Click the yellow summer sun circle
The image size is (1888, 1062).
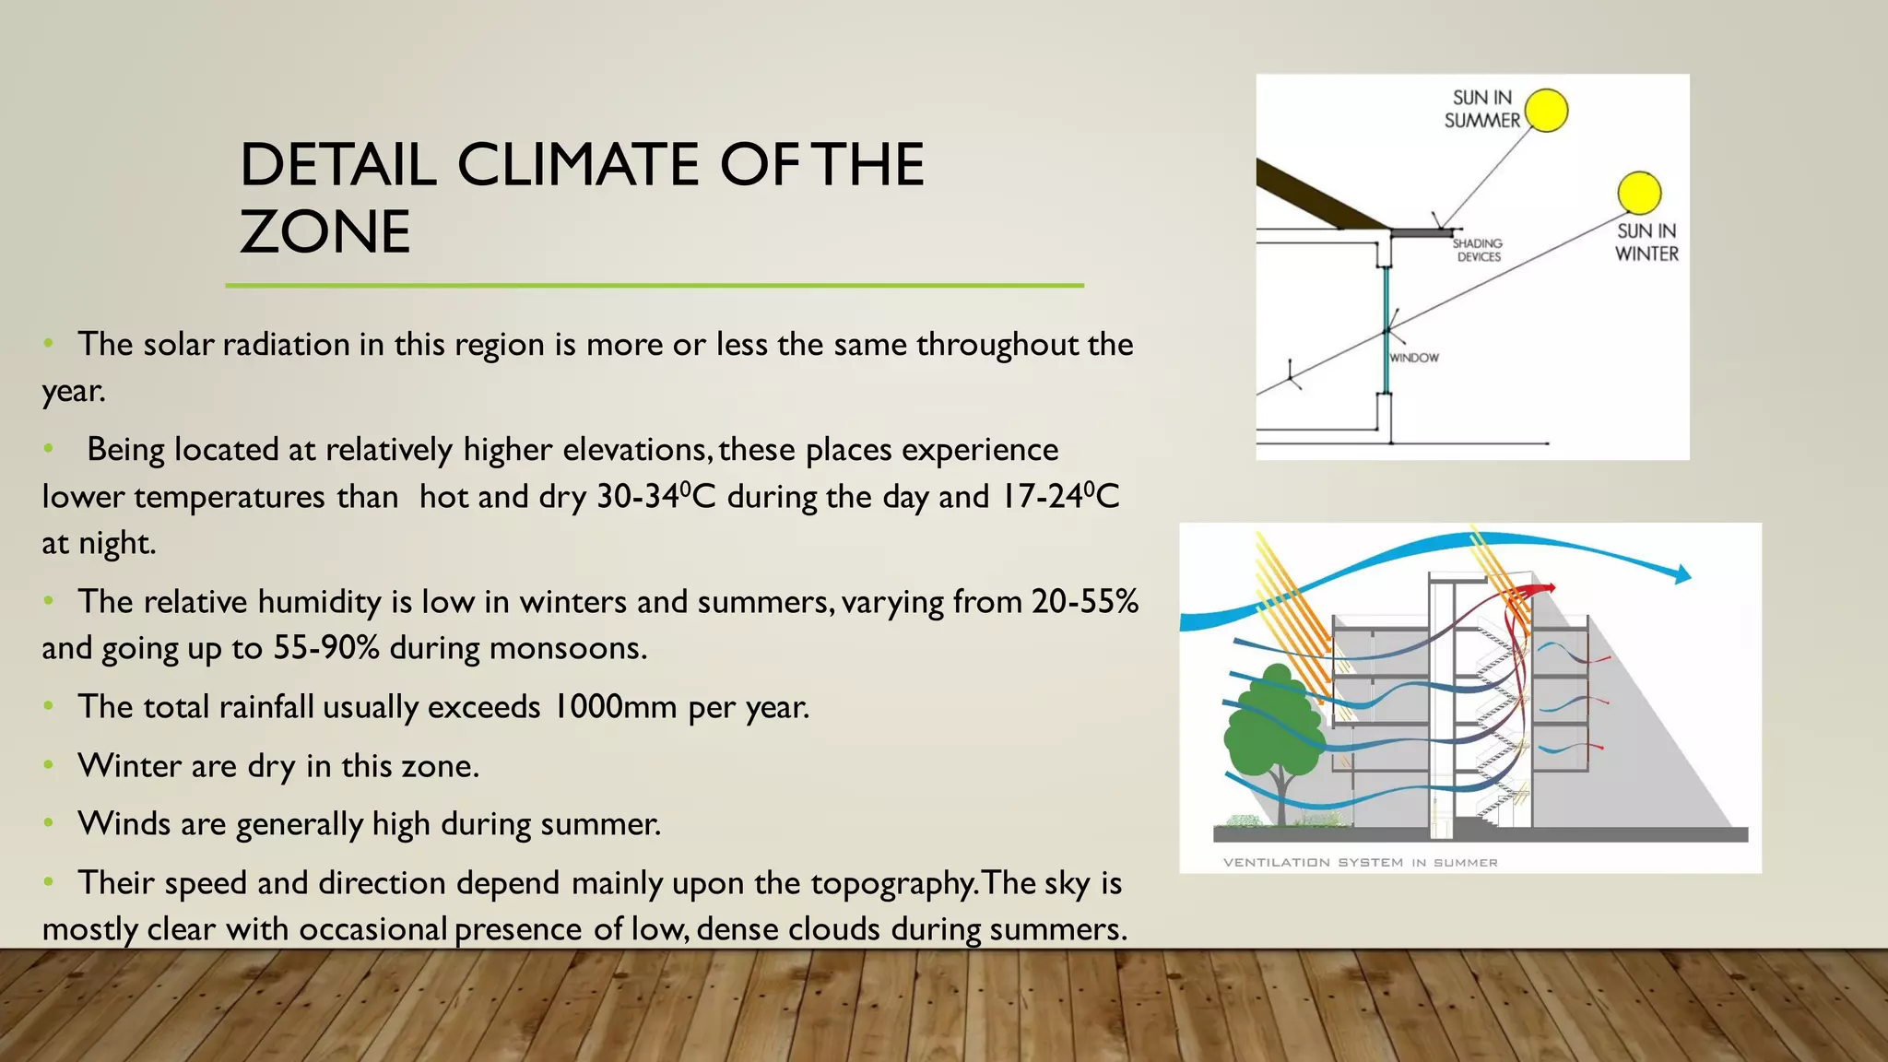pos(1546,111)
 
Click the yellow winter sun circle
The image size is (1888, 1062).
pos(1638,194)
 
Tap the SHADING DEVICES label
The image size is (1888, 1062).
pos(1478,250)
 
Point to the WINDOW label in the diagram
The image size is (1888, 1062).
pos(1414,358)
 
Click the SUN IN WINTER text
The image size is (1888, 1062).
pos(1646,242)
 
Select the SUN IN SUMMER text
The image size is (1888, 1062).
pos(1482,109)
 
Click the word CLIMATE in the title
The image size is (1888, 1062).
pos(578,165)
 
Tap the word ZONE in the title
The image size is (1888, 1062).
pos(324,231)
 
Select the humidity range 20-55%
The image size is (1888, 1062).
pos(1085,602)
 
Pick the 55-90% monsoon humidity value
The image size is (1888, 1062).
pos(326,648)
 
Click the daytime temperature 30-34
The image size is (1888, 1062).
pos(637,497)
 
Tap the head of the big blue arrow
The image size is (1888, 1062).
pos(1683,574)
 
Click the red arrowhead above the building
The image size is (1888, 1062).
pos(1550,587)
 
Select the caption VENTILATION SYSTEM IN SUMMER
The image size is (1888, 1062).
pos(1360,863)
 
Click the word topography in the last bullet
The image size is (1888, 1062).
pos(891,884)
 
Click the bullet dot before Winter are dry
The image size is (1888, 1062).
pos(49,765)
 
